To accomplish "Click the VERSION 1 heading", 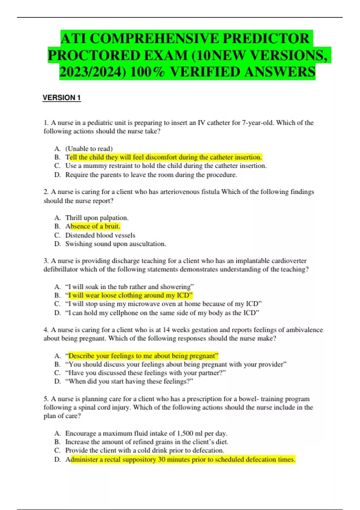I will tap(61, 98).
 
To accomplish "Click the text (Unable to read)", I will tap(89, 149).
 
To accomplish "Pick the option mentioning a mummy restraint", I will tap(166, 166).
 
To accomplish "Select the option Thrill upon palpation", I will tap(97, 218).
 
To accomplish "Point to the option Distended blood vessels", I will tap(100, 235).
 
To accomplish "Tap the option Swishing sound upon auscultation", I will tap(115, 244).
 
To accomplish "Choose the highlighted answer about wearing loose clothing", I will tap(130, 295).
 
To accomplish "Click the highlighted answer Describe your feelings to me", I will tap(143, 356).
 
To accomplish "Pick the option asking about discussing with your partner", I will tap(145, 373).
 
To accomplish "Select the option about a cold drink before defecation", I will tap(145, 451).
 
